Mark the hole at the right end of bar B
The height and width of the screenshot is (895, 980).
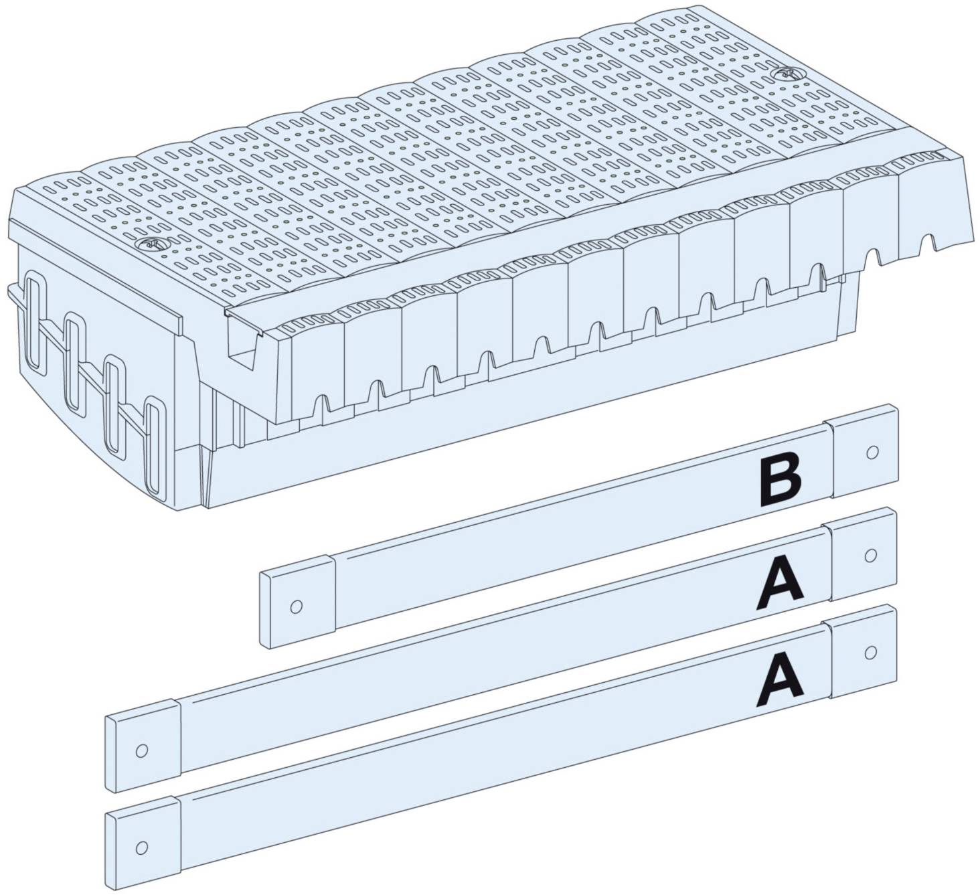(872, 453)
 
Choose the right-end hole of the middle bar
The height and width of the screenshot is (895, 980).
(870, 555)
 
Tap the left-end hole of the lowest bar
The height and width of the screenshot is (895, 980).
(141, 847)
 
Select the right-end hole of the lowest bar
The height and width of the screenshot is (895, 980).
(870, 651)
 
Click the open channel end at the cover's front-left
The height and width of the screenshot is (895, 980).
(245, 341)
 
